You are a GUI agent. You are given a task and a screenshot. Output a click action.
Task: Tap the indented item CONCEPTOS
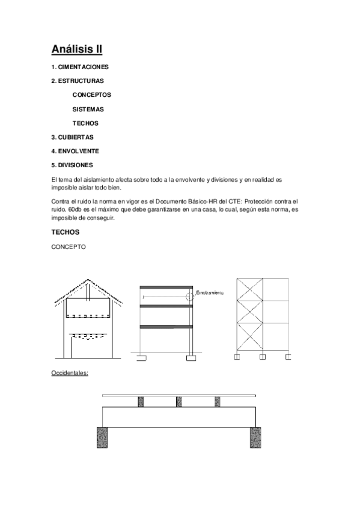(92, 94)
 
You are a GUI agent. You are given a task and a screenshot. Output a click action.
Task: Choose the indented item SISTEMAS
(88, 109)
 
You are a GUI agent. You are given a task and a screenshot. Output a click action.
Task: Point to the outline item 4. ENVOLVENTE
(75, 151)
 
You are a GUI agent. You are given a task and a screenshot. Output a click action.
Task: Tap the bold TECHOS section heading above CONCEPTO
(66, 232)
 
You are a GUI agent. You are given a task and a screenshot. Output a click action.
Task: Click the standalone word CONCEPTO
(69, 247)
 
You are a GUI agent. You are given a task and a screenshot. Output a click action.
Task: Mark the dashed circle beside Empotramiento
(191, 296)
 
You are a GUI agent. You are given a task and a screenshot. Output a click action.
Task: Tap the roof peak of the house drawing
(89, 280)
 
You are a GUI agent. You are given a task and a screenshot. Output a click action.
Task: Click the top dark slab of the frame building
(166, 287)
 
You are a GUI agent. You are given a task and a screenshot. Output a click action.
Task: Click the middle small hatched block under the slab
(178, 401)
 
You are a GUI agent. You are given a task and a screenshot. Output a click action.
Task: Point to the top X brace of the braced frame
(249, 289)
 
